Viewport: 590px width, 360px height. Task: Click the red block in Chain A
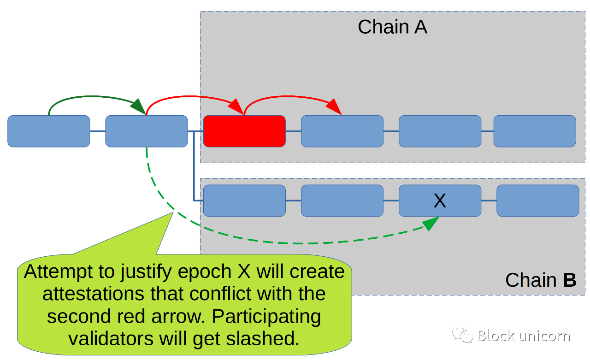(244, 131)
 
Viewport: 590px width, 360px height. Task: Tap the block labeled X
(440, 201)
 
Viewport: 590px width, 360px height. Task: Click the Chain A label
(392, 27)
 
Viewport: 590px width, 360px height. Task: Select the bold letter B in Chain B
(570, 280)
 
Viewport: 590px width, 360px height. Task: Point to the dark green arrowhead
(139, 106)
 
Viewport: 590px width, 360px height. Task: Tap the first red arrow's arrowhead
(236, 106)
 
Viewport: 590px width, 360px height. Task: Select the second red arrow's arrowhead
(334, 106)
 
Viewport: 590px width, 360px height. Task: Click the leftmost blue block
(49, 131)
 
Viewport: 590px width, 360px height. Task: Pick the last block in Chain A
(535, 131)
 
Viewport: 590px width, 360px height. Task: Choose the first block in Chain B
(244, 201)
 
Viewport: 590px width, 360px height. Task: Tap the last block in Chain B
(538, 201)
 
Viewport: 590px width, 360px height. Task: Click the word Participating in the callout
(266, 317)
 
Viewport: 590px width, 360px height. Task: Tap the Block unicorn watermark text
(524, 336)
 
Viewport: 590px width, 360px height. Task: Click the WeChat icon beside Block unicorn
(462, 334)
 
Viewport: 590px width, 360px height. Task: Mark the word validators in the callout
(111, 338)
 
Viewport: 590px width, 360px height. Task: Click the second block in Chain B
(342, 201)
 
